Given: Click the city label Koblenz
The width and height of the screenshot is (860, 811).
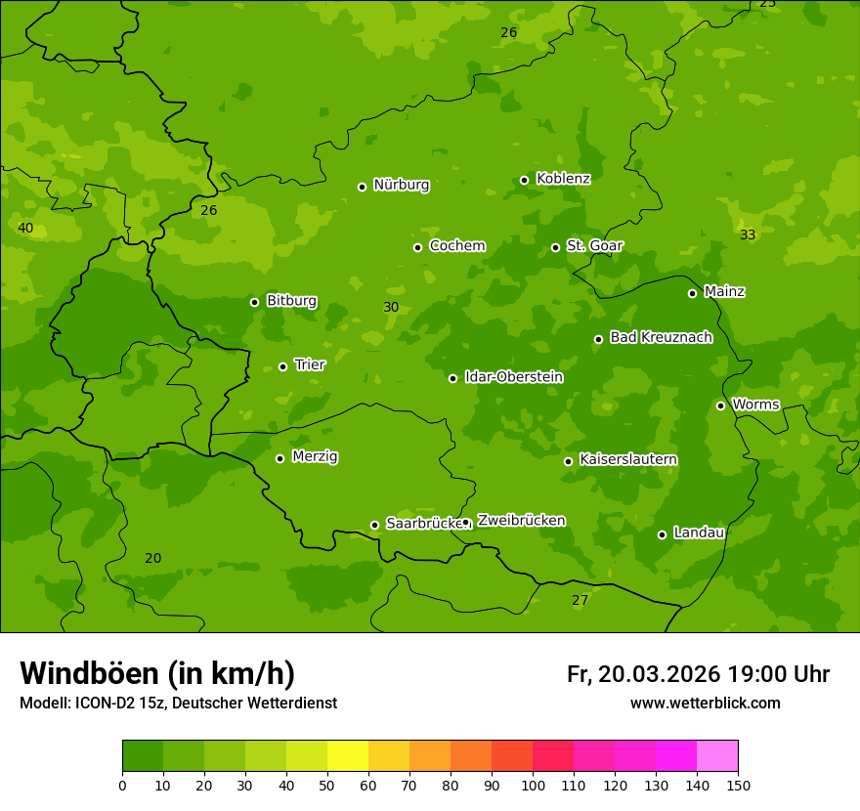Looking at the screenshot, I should [563, 179].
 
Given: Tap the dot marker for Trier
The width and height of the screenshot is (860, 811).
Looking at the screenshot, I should [283, 366].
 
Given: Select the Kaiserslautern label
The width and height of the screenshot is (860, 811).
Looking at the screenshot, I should [627, 459].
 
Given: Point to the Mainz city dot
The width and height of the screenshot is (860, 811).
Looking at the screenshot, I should [692, 293].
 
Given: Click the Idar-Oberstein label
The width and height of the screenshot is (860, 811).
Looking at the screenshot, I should [513, 377].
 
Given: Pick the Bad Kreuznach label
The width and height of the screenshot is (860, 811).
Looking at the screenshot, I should [661, 337].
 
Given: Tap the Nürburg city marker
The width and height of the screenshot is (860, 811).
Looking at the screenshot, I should [362, 187].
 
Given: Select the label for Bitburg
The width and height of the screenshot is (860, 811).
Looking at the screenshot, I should [291, 301].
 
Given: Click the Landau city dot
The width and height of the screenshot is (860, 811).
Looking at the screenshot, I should [662, 534].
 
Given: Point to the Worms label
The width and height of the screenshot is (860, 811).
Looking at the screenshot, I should [755, 405].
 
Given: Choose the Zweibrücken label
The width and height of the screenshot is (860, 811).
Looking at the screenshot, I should [521, 521].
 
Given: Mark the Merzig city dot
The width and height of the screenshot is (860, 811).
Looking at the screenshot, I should [279, 458].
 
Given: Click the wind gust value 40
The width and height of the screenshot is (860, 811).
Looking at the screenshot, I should [25, 229].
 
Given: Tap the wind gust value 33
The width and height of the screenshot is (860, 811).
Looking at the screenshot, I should [748, 235].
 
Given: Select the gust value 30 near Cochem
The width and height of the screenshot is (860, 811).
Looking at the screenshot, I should [391, 308].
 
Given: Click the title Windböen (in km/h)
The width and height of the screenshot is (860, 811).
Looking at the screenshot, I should [157, 673].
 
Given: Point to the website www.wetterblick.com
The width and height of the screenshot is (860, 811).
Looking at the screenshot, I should [705, 704].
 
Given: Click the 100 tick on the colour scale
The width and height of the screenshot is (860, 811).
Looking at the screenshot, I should [533, 785].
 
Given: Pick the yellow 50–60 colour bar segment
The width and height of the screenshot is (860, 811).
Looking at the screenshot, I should [348, 756].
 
